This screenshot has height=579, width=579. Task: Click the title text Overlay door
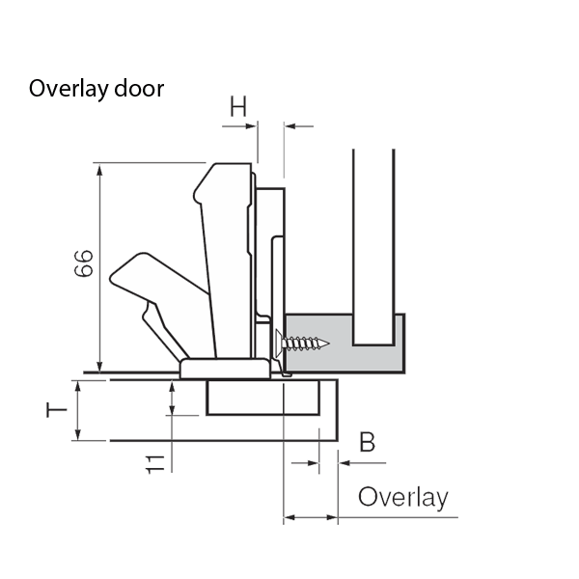[96, 89]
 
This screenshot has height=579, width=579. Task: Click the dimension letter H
[238, 107]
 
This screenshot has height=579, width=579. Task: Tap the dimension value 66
[84, 262]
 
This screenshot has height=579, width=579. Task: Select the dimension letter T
[58, 410]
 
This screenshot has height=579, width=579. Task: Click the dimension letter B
[368, 443]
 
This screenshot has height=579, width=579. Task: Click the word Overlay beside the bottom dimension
[402, 498]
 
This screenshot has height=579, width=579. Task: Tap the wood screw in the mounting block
[303, 343]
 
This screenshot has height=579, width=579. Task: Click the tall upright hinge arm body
[230, 261]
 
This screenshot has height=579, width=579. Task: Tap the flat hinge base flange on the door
[225, 368]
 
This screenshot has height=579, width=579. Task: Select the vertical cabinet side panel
[372, 241]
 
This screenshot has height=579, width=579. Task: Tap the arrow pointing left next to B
[345, 463]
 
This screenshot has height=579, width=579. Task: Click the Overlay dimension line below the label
[311, 518]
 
